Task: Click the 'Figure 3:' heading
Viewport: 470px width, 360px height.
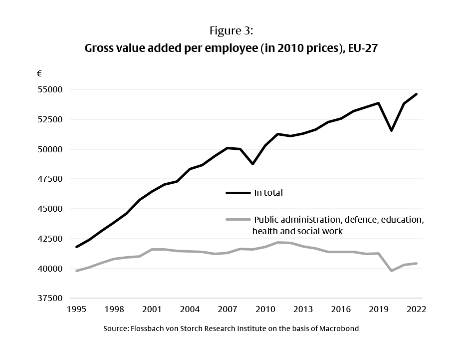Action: coord(232,31)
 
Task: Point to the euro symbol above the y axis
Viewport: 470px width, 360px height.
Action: coord(39,73)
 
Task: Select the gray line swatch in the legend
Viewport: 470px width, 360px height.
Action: coord(238,220)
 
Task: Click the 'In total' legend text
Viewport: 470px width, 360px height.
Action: coord(268,193)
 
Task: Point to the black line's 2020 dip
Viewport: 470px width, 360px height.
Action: coord(391,130)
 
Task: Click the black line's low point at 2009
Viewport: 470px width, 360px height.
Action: coord(253,164)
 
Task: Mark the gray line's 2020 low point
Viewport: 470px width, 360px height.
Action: coord(391,271)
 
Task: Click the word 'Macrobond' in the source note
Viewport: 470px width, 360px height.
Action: coord(340,329)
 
